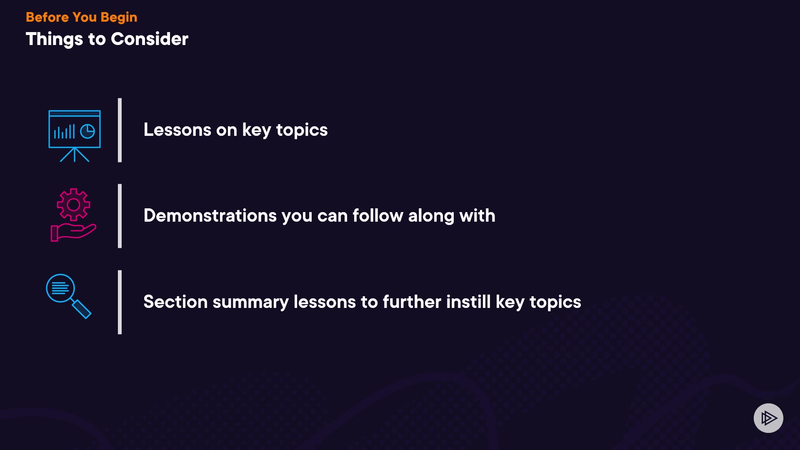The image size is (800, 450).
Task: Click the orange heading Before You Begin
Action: pyautogui.click(x=81, y=17)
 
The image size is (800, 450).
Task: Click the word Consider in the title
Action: pyautogui.click(x=150, y=39)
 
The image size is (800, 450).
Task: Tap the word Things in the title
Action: pyautogui.click(x=55, y=40)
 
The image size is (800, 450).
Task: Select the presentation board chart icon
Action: pyautogui.click(x=75, y=136)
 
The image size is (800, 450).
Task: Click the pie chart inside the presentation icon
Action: pyautogui.click(x=87, y=132)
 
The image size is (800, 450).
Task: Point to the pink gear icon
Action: pyautogui.click(x=73, y=205)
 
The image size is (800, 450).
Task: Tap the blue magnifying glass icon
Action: pyautogui.click(x=68, y=296)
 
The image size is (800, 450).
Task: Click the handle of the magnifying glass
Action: pyautogui.click(x=81, y=309)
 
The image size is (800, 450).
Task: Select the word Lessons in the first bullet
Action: pyautogui.click(x=177, y=130)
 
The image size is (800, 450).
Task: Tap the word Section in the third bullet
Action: pyautogui.click(x=175, y=302)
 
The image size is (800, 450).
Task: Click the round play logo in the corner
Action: pyautogui.click(x=768, y=418)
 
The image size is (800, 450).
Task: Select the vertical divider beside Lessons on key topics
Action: pyautogui.click(x=120, y=130)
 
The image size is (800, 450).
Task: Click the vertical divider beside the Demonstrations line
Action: pyautogui.click(x=120, y=216)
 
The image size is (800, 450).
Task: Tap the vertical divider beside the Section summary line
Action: pyautogui.click(x=120, y=302)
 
